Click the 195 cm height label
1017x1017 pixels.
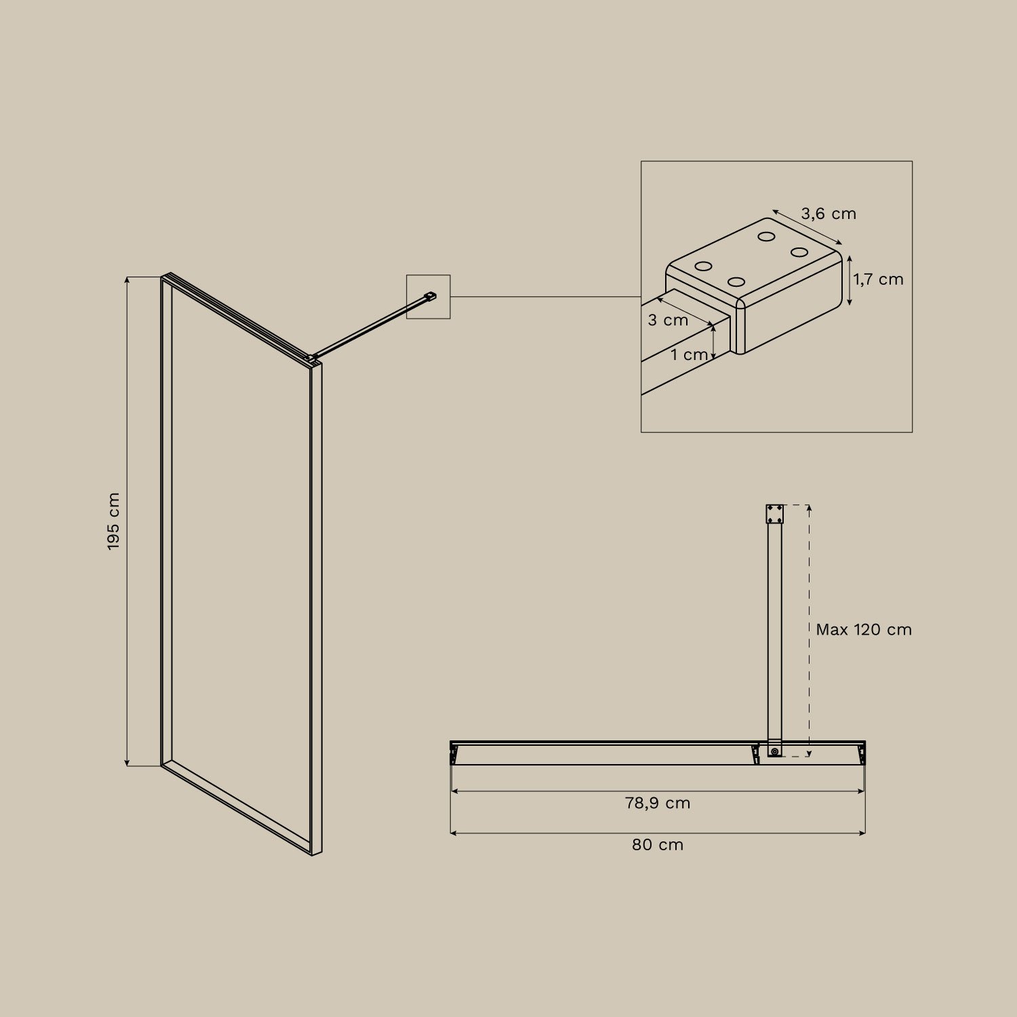click(113, 521)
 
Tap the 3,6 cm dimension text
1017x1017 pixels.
click(829, 214)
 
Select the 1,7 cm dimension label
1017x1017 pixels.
click(878, 279)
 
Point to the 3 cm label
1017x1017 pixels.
click(668, 320)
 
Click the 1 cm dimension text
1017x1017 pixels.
click(689, 355)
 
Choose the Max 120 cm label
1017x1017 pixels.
click(863, 630)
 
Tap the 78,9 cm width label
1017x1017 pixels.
click(658, 803)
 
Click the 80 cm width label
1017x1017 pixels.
click(658, 845)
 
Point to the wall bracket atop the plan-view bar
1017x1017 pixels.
click(774, 514)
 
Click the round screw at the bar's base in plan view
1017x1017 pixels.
click(774, 751)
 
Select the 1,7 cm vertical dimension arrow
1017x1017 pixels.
click(849, 281)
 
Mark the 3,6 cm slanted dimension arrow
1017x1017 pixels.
click(807, 227)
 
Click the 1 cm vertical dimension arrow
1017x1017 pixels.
click(713, 342)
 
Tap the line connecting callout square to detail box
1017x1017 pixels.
click(546, 296)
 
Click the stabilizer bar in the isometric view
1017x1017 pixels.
click(370, 325)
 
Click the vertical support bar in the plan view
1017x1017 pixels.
click(774, 631)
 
